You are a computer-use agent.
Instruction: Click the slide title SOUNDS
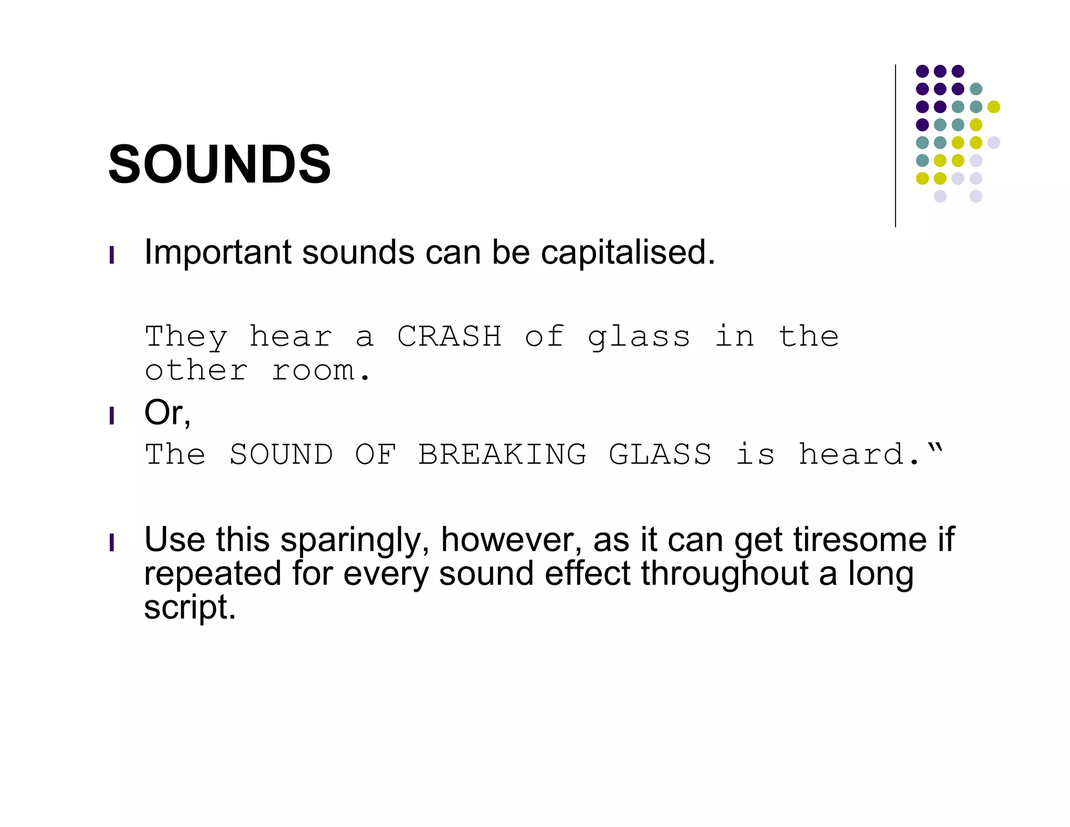(x=219, y=165)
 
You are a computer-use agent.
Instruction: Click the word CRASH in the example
(x=449, y=336)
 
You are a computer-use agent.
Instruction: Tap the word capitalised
(x=627, y=253)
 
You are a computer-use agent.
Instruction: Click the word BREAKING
(x=502, y=454)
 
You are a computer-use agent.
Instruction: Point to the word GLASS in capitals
(x=660, y=454)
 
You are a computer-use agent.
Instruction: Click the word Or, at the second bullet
(x=167, y=413)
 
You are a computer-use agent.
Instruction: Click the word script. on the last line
(x=190, y=608)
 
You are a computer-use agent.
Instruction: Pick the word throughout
(x=725, y=574)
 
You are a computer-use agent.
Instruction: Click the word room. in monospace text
(x=321, y=371)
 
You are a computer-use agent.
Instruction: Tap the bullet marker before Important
(x=112, y=256)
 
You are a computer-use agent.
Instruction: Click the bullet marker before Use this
(x=112, y=543)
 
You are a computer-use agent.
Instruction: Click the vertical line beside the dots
(x=895, y=146)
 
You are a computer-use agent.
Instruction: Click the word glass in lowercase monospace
(x=639, y=337)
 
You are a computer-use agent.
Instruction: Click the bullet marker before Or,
(x=112, y=416)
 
